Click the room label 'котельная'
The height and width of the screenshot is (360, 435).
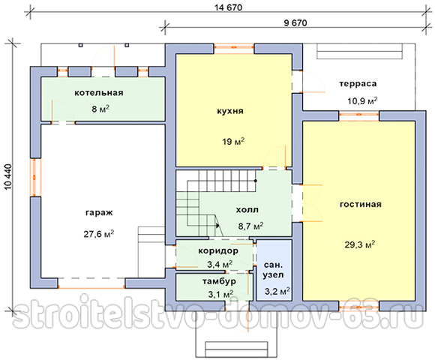pos(99,93)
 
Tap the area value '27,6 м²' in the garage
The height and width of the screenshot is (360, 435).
pos(99,234)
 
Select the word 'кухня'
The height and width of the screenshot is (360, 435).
pos(230,111)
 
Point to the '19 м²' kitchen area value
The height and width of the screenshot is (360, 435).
pos(233,142)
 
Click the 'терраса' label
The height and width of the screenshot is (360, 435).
pos(358,84)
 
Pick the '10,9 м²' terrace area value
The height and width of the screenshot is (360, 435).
pos(362,100)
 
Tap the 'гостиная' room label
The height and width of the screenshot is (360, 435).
pos(360,205)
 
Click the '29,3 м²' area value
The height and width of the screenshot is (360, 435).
pos(360,244)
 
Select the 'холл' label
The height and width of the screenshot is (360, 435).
pos(247,210)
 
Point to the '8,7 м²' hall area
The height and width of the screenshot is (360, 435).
pos(250,226)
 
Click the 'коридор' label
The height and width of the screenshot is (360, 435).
pos(218,251)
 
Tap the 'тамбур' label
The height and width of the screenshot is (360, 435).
pos(219,281)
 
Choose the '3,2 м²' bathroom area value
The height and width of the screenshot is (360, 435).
pos(277,291)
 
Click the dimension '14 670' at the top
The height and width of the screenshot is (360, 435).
pos(228,7)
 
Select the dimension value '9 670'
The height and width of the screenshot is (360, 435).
pos(295,22)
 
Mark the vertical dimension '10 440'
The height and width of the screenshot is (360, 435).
pos(8,177)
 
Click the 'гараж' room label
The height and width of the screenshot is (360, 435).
pos(99,213)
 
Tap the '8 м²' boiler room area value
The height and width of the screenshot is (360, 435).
pos(100,109)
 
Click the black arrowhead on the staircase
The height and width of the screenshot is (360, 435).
pos(217,226)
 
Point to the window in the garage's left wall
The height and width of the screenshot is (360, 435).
pos(35,177)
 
